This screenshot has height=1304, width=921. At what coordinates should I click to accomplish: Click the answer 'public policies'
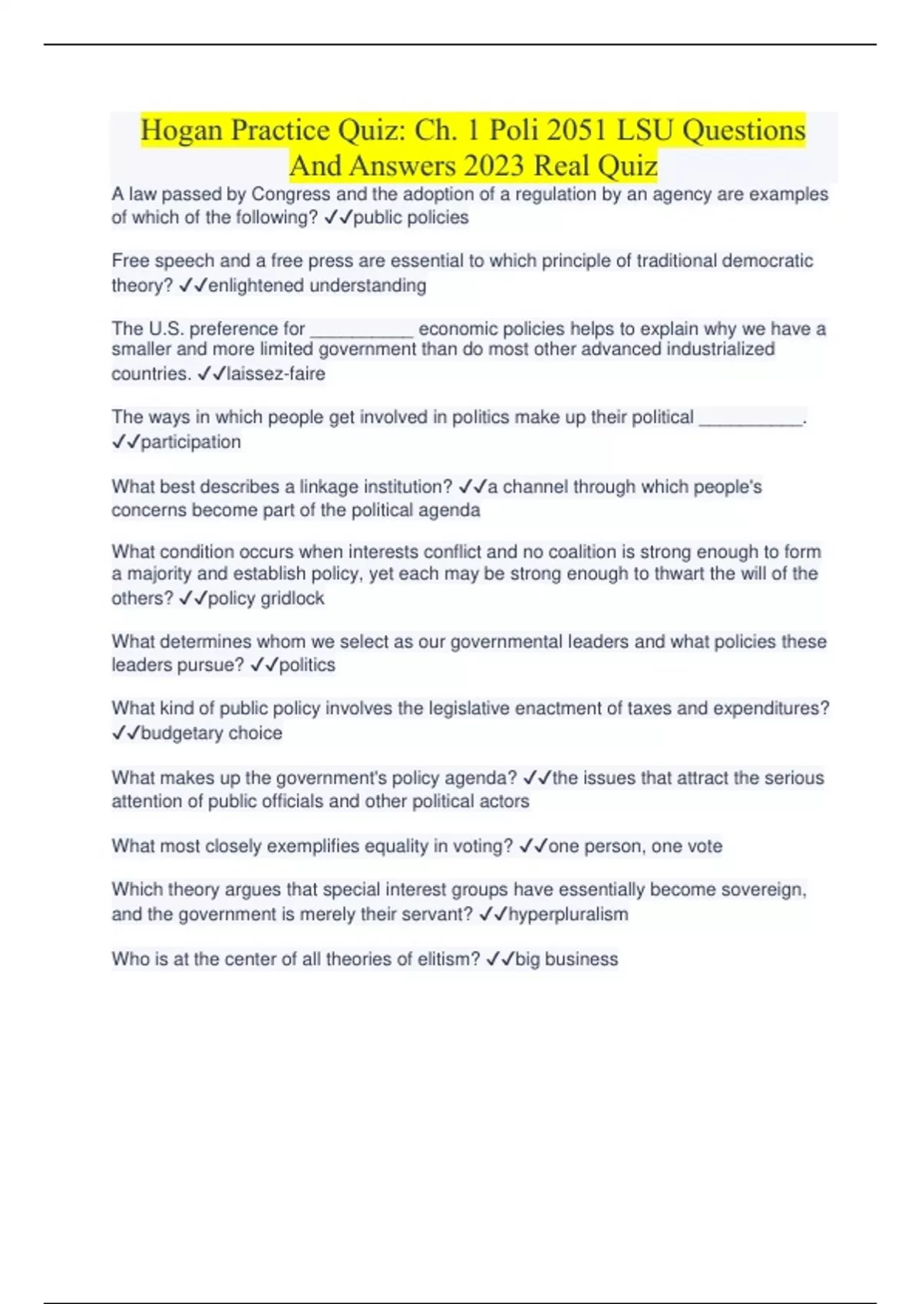click(x=411, y=218)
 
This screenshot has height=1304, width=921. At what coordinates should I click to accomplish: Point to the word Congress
click(x=291, y=195)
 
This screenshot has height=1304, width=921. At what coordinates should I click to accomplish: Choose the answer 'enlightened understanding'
click(x=317, y=286)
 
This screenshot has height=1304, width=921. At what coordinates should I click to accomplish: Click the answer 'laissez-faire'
click(x=276, y=374)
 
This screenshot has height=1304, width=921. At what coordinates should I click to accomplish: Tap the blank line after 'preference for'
click(x=361, y=331)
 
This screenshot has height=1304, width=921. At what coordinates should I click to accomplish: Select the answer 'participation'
click(x=190, y=443)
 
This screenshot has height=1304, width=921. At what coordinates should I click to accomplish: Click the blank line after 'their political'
click(x=751, y=419)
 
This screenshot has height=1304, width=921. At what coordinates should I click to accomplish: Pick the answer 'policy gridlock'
click(x=266, y=599)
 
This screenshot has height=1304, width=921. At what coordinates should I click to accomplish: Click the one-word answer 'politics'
click(x=307, y=665)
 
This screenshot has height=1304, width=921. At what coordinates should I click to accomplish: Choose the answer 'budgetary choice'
click(x=211, y=733)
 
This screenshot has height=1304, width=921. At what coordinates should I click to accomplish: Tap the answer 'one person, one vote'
click(x=635, y=847)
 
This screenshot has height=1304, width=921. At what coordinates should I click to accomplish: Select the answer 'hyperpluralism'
click(x=568, y=914)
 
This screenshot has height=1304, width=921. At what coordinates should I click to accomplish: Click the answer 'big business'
click(x=566, y=960)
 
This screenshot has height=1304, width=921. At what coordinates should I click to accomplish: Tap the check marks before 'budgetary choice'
click(x=126, y=733)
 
